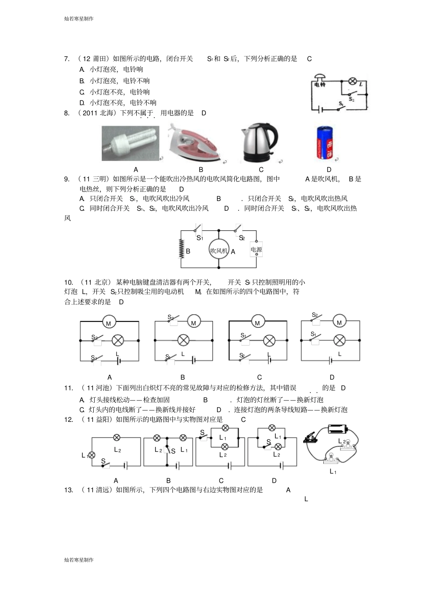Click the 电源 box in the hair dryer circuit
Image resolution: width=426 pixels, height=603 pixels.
pyautogui.click(x=256, y=250)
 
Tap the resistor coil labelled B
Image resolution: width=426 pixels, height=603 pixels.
pyautogui.click(x=181, y=248)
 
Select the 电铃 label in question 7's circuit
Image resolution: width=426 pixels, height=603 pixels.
pyautogui.click(x=319, y=84)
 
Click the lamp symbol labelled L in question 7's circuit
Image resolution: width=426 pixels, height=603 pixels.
pyautogui.click(x=353, y=81)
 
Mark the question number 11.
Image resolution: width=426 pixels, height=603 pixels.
pyautogui.click(x=69, y=388)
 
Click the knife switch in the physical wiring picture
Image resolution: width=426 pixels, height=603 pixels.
pyautogui.click(x=311, y=436)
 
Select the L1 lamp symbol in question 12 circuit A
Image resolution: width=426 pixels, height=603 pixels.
pyautogui.click(x=92, y=455)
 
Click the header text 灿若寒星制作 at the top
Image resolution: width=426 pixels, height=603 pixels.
pyautogui.click(x=79, y=19)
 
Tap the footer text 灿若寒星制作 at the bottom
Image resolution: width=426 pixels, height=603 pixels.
pyautogui.click(x=79, y=560)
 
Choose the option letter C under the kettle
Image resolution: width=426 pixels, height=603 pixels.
pyautogui.click(x=261, y=170)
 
